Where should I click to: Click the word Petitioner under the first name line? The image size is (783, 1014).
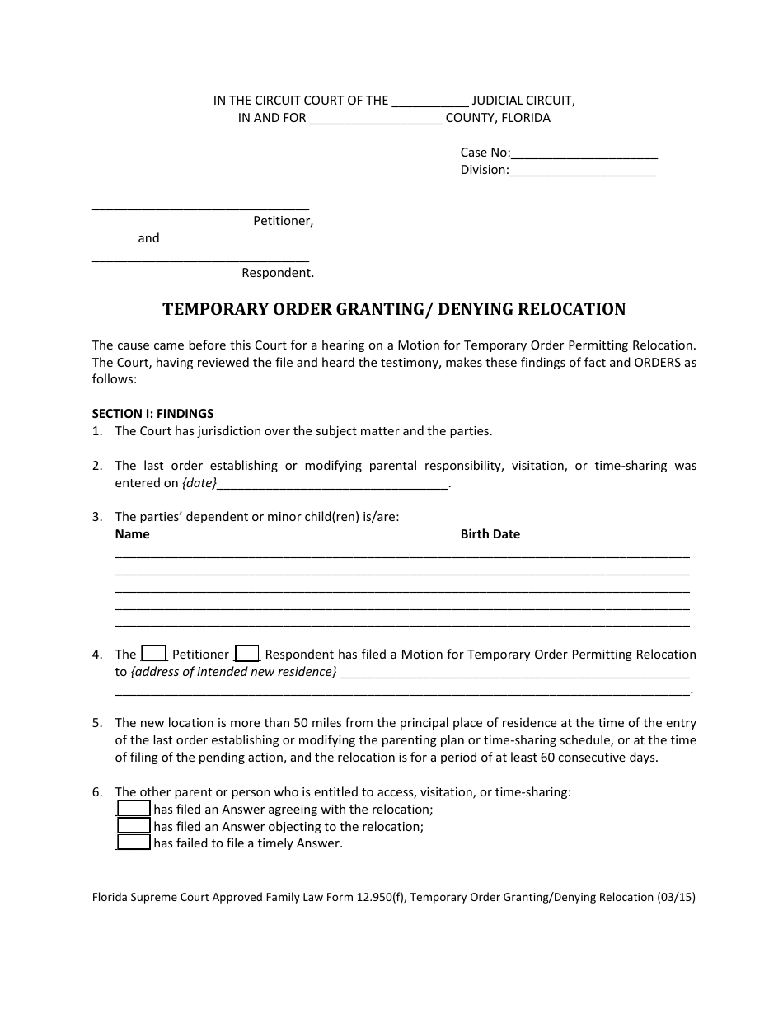(283, 221)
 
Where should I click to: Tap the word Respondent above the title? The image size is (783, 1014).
(277, 272)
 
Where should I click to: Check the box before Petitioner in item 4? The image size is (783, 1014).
(154, 654)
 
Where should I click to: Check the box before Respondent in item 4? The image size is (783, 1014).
(247, 654)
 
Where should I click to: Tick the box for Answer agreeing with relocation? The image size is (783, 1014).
(134, 809)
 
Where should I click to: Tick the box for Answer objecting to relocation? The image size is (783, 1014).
(134, 826)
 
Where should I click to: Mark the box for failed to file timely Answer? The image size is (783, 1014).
(134, 843)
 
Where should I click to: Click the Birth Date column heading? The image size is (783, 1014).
(490, 534)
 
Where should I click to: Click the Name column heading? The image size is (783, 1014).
(132, 534)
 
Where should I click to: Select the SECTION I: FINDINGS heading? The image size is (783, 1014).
(152, 414)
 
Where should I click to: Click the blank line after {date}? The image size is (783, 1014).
(333, 484)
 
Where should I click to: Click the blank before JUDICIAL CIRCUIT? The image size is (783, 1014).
(430, 101)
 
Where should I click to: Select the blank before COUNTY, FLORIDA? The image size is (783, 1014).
(376, 118)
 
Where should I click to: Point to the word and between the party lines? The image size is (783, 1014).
(148, 238)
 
